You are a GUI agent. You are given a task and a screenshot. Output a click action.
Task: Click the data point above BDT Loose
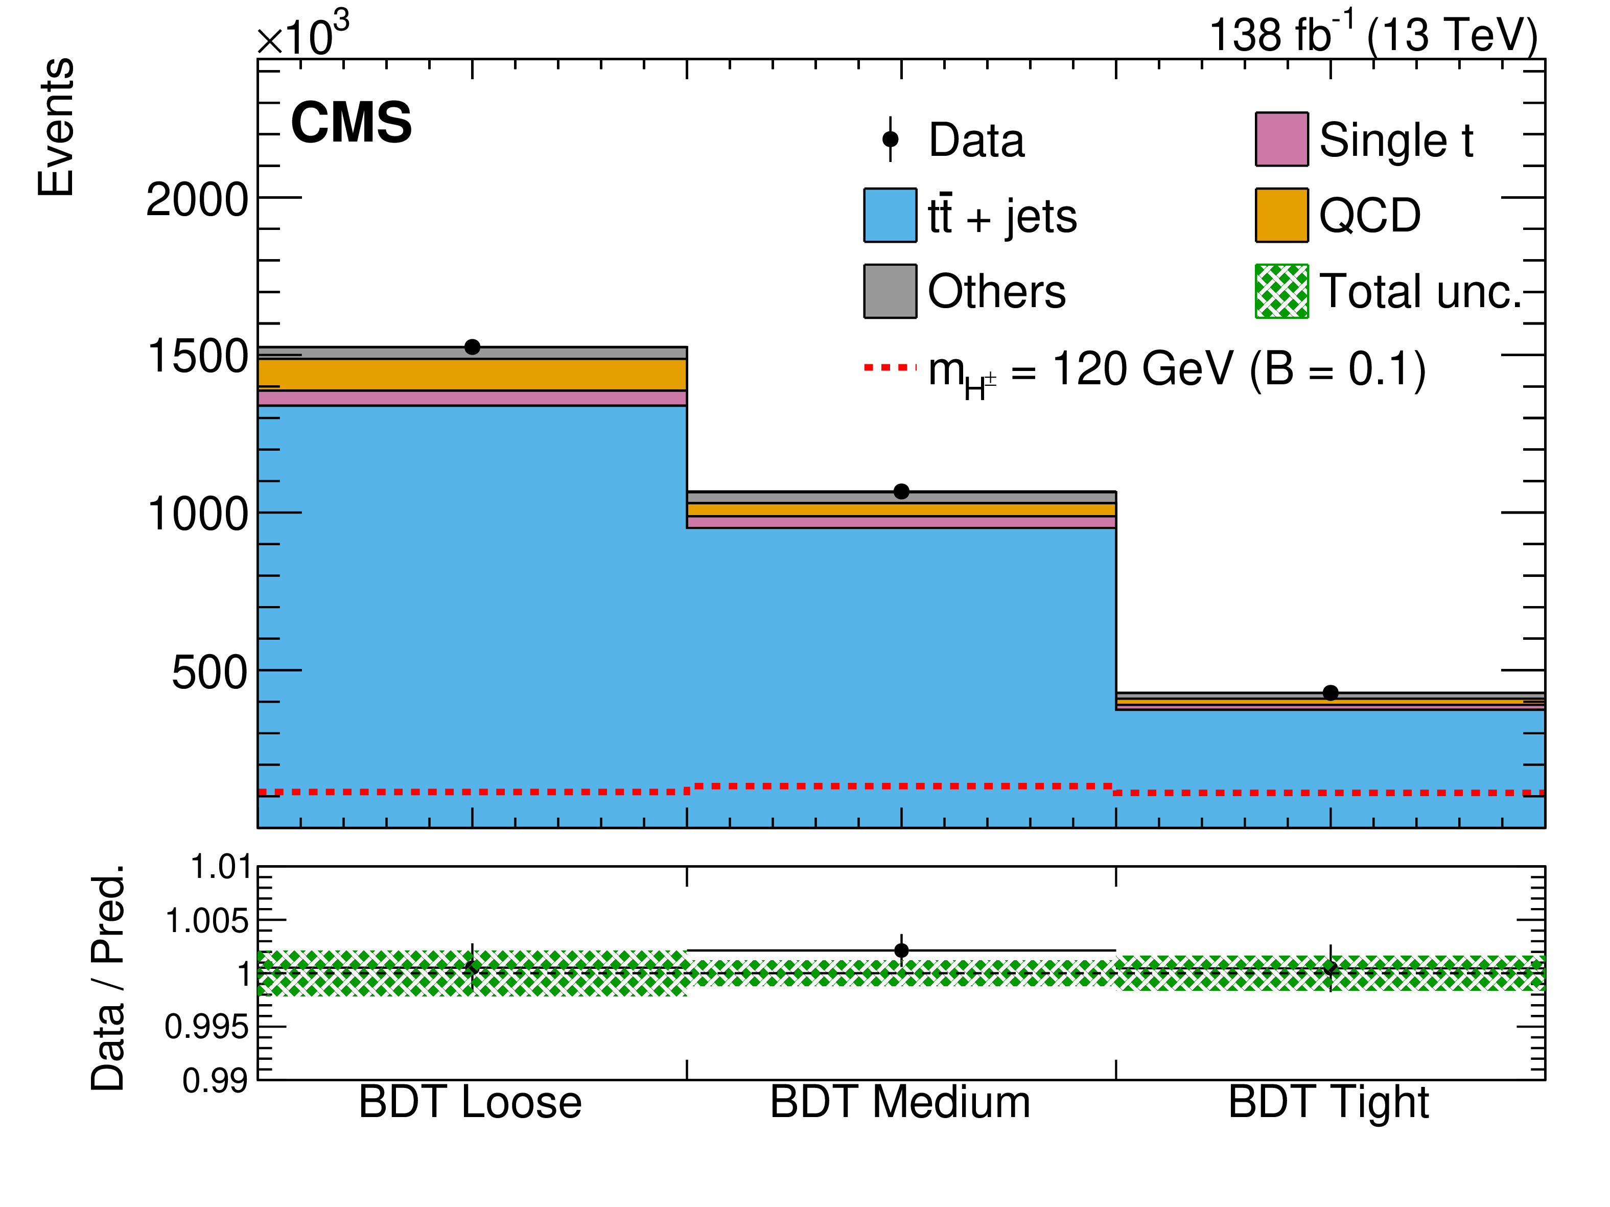pyautogui.click(x=473, y=347)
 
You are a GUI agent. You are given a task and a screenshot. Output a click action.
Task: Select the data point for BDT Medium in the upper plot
pyautogui.click(x=901, y=492)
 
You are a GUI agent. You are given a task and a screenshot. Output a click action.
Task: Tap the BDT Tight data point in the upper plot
pyautogui.click(x=1331, y=693)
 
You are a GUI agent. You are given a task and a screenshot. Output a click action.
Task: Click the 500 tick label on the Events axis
pyautogui.click(x=209, y=672)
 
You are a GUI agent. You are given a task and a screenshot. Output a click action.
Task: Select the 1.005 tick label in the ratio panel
pyautogui.click(x=207, y=921)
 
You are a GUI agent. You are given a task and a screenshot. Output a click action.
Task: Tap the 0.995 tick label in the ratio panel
pyautogui.click(x=207, y=1027)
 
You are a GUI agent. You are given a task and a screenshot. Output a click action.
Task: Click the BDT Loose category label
pyautogui.click(x=470, y=1102)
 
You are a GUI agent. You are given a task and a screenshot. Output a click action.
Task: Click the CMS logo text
pyautogui.click(x=352, y=122)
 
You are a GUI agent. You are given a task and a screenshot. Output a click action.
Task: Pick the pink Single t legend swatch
pyautogui.click(x=1282, y=139)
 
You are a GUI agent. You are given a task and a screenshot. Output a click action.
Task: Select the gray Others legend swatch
pyautogui.click(x=890, y=291)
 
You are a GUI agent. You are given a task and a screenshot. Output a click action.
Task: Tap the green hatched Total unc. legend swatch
pyautogui.click(x=1282, y=291)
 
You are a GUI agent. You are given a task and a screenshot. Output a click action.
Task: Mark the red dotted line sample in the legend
pyautogui.click(x=890, y=367)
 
